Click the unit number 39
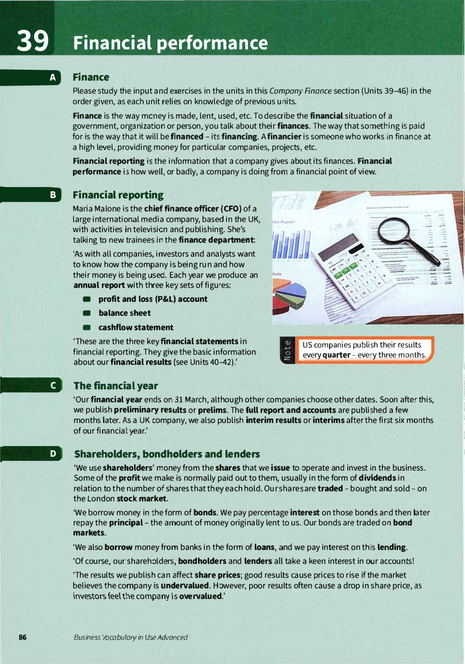[33, 41]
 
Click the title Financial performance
[170, 43]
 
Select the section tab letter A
[53, 77]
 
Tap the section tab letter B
[53, 195]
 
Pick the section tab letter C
[53, 385]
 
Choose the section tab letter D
[53, 453]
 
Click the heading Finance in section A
[91, 77]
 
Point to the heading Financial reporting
[118, 195]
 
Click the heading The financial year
[115, 386]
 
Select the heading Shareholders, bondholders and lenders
[167, 454]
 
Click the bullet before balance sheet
[87, 313]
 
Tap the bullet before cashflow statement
[87, 327]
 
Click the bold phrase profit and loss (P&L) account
[153, 299]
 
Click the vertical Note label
[287, 350]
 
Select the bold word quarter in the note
[336, 355]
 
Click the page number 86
[23, 637]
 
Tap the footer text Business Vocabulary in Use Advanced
[130, 637]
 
